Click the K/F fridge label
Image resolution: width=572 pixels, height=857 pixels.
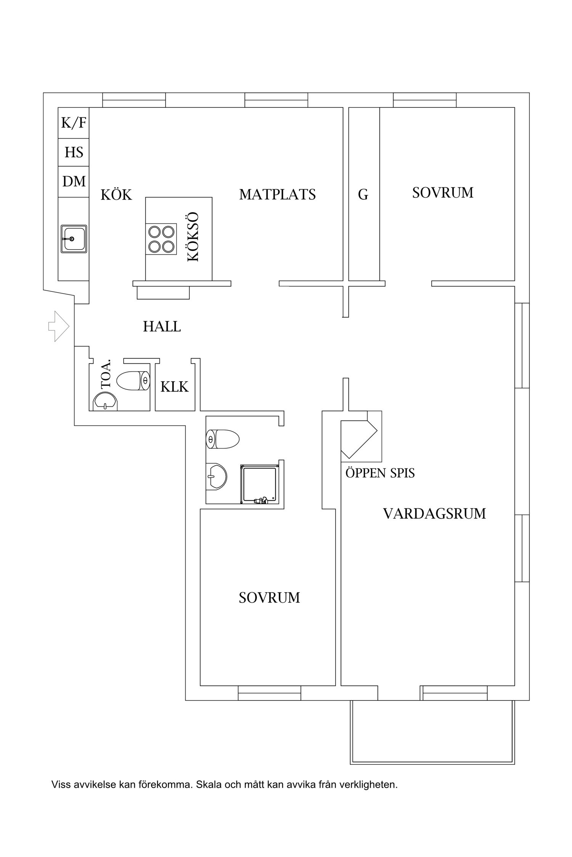click(x=74, y=123)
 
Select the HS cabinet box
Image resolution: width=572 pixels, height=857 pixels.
click(x=74, y=152)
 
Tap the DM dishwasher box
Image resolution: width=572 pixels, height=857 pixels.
click(x=74, y=181)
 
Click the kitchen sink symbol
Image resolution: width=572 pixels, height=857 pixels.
click(x=74, y=239)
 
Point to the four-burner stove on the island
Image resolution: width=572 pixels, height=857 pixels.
click(x=161, y=239)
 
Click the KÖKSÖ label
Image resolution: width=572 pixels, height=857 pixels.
click(x=193, y=237)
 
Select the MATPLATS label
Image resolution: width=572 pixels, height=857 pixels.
click(x=277, y=195)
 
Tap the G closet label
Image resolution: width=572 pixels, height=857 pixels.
click(x=363, y=195)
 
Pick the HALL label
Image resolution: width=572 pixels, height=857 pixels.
click(x=162, y=327)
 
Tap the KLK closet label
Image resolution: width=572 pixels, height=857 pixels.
click(x=174, y=387)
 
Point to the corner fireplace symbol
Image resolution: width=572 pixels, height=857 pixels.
click(x=358, y=438)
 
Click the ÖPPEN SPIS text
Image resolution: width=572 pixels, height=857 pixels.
click(x=380, y=473)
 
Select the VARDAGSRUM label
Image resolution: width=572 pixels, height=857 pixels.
click(x=434, y=514)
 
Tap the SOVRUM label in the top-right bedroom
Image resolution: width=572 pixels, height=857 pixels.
click(x=442, y=193)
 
